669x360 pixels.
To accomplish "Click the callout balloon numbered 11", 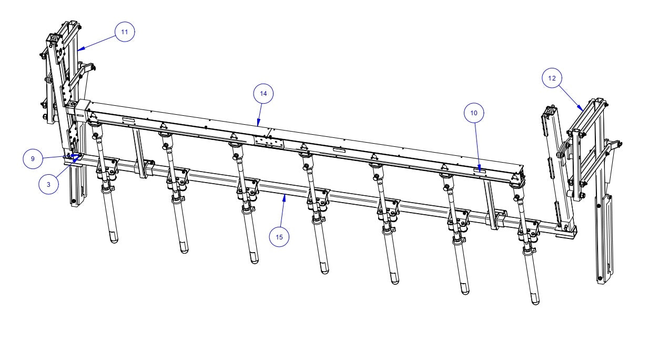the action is [x=124, y=32].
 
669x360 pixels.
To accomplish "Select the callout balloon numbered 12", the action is [x=552, y=78].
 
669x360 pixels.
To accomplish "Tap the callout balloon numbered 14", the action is [x=263, y=94].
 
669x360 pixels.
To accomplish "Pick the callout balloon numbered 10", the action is [x=474, y=113].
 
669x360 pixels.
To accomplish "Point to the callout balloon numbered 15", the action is [x=279, y=237].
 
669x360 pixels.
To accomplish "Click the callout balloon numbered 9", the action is [x=33, y=158].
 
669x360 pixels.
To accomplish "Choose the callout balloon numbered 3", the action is [x=48, y=185].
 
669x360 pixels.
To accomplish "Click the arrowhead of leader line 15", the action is [x=285, y=196].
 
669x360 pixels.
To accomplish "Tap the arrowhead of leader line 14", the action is [x=258, y=125].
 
